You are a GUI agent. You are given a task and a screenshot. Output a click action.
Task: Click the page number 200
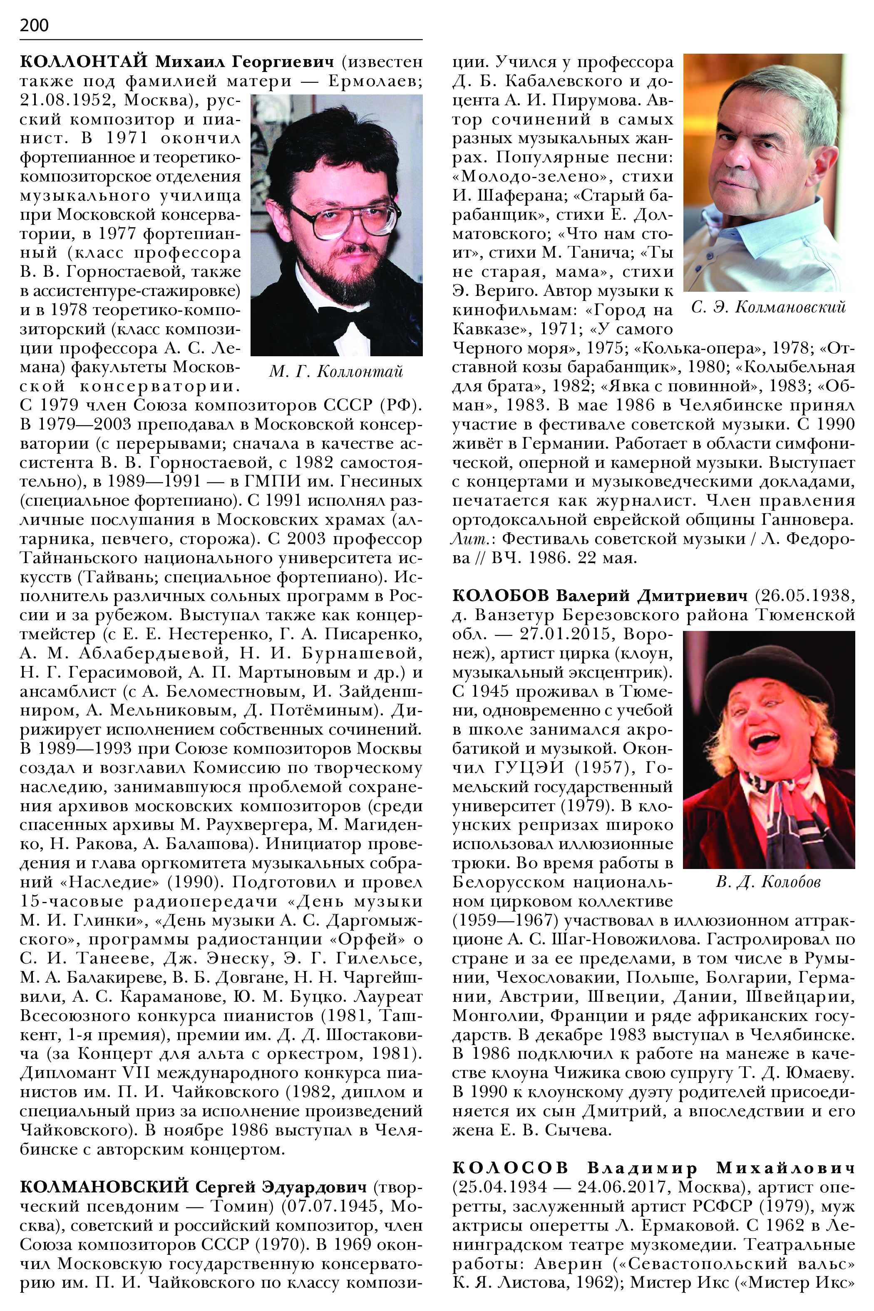34,25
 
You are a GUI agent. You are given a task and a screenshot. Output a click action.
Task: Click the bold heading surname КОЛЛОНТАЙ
83,61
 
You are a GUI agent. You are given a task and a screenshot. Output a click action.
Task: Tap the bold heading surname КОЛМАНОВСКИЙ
104,1187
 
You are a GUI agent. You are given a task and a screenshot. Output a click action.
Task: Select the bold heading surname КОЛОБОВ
500,596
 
